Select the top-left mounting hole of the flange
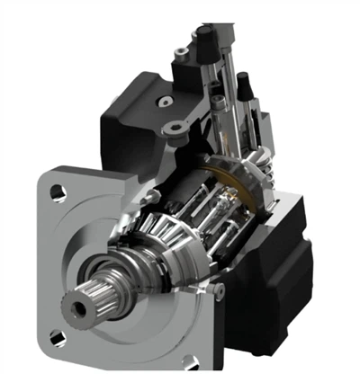coord(57,191)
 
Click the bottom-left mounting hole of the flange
coord(58,340)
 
